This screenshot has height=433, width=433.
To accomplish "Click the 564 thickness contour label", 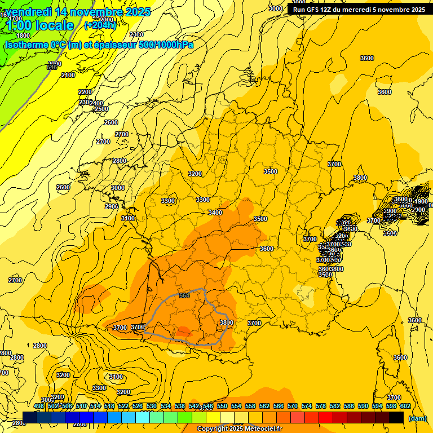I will (184, 295).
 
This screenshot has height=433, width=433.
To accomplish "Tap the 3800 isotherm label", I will (226, 322).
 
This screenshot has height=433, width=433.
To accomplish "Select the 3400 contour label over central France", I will (215, 213).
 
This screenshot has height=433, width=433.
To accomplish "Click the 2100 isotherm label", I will (68, 75).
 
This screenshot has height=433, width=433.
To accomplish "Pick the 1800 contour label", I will (23, 51).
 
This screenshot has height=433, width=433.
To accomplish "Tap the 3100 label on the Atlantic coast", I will (128, 218).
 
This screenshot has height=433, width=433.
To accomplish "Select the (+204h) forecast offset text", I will (100, 25).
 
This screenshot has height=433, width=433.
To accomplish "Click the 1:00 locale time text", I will (41, 25).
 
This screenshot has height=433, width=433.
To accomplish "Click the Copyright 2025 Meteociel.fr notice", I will (239, 429).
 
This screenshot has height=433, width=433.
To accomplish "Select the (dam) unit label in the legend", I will (417, 418).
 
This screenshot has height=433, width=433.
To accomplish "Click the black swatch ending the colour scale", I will (396, 417).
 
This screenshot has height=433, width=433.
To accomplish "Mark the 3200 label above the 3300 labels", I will (195, 174).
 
